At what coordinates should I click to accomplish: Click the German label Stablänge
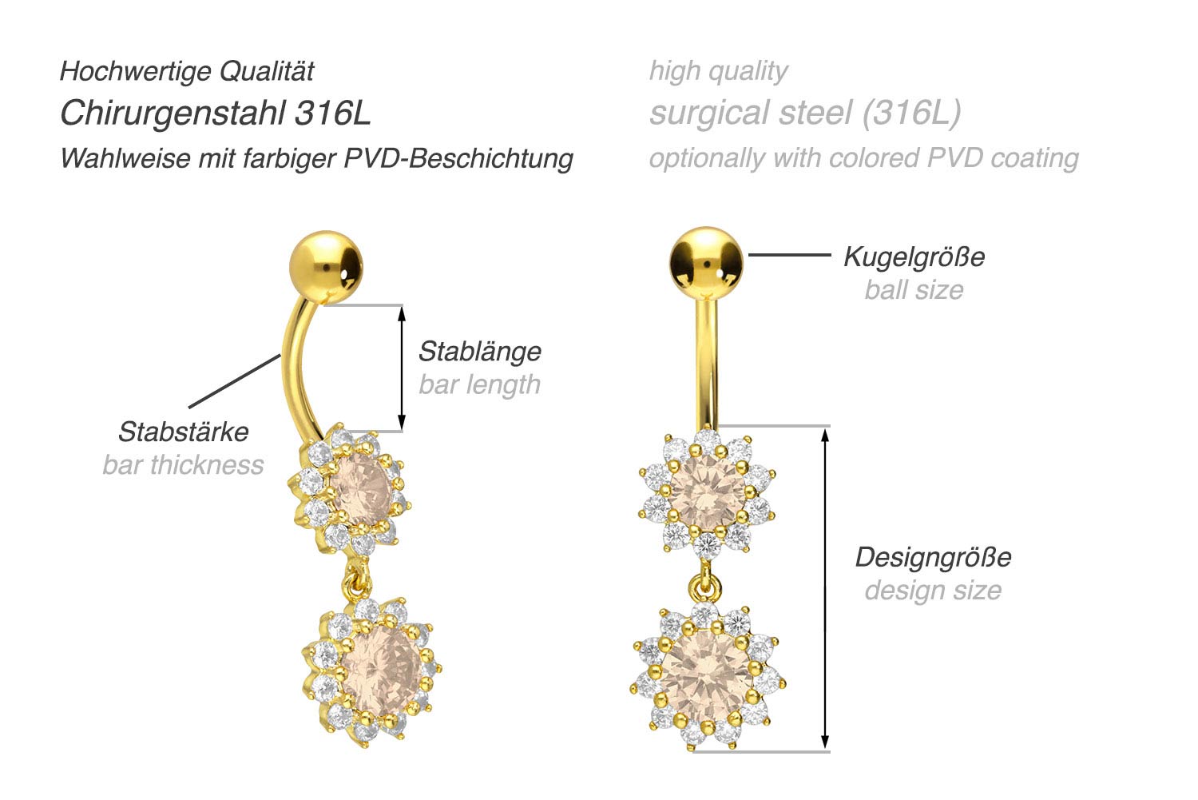(x=479, y=351)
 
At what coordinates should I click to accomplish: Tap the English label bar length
(x=479, y=384)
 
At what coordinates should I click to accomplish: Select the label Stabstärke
(x=183, y=432)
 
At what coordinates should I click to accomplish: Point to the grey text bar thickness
(x=183, y=464)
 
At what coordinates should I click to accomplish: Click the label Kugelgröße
(x=914, y=257)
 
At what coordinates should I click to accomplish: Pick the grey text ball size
(x=914, y=289)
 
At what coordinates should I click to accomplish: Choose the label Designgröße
(x=933, y=557)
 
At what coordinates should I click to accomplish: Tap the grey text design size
(x=933, y=590)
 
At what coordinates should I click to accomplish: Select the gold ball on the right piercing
(x=706, y=261)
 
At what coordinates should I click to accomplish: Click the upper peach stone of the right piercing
(x=707, y=493)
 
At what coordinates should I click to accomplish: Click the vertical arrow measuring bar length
(x=402, y=368)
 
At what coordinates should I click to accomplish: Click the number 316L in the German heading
(x=333, y=113)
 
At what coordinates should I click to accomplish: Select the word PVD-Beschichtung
(x=458, y=158)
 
